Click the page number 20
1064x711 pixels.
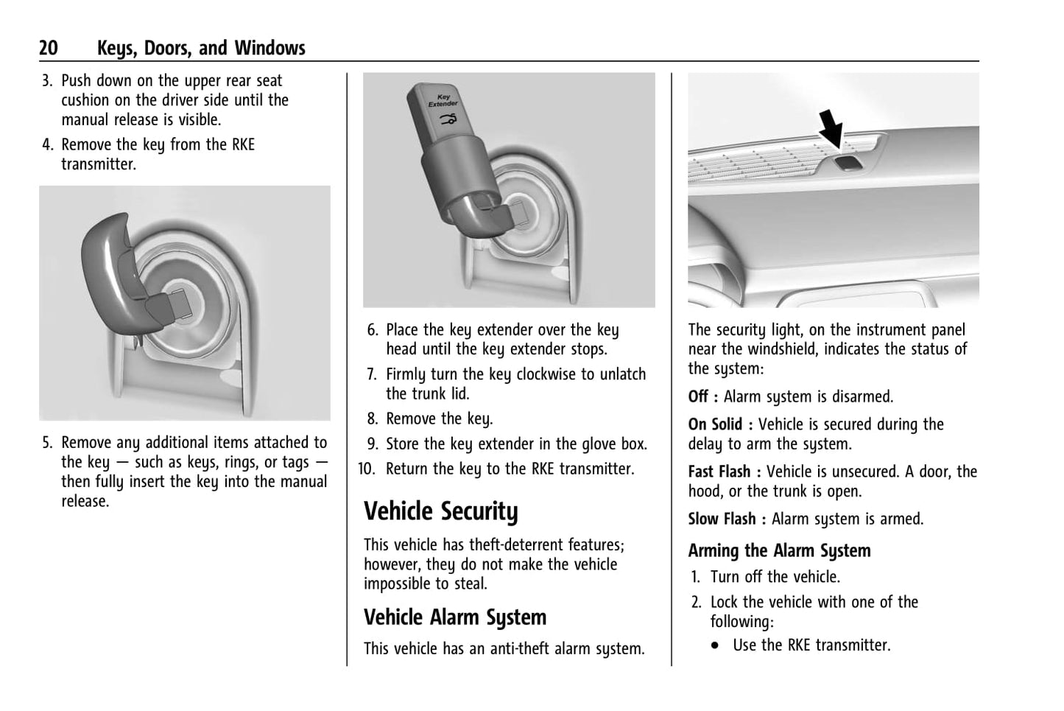click(49, 49)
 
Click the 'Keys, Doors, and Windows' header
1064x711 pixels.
click(201, 49)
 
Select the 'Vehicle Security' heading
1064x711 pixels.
click(440, 511)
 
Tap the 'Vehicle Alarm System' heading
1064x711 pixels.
click(454, 617)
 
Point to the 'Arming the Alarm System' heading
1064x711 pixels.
click(779, 550)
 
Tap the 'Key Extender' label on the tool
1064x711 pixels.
click(443, 100)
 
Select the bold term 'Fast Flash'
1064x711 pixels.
click(719, 472)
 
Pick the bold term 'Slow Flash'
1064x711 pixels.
click(722, 519)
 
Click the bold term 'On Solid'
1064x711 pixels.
click(715, 424)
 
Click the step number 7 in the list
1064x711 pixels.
click(373, 374)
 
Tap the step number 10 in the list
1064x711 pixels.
click(367, 469)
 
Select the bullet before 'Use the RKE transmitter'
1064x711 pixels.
click(716, 645)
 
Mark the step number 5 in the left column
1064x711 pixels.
click(47, 443)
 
